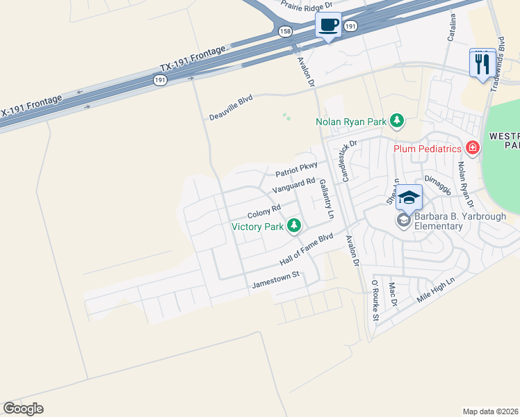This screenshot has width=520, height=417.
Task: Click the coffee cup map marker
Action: (328, 26)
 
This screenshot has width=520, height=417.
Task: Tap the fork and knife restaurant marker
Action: (482, 63)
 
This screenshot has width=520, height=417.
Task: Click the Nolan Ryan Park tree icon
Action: (397, 122)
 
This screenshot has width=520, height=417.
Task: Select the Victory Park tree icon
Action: (295, 226)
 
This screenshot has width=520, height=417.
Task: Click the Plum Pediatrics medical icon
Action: (473, 147)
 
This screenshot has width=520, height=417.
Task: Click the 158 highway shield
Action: (285, 31)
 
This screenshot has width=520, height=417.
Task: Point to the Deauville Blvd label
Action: (231, 109)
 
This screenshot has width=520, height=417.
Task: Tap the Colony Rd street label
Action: (263, 211)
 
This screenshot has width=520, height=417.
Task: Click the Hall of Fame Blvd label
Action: (307, 251)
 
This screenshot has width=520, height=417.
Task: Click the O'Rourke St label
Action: (375, 301)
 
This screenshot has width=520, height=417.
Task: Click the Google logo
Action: (23, 408)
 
